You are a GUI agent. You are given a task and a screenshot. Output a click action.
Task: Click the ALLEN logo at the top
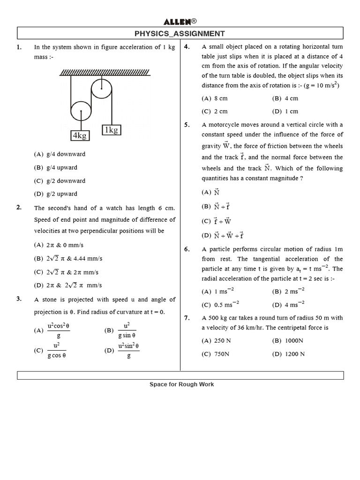coord(180,22)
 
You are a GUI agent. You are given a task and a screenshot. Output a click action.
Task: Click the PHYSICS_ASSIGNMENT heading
coord(180,33)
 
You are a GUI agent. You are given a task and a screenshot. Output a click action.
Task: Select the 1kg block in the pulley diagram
coord(112,130)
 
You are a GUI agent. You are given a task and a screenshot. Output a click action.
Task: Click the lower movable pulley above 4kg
coord(81,111)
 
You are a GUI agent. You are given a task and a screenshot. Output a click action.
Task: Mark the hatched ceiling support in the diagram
coord(105,72)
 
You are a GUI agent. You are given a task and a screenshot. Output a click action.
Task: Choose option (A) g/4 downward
coord(60,154)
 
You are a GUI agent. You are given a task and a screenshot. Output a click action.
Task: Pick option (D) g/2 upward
coord(56,194)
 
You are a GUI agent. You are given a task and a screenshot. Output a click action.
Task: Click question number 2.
coord(19,208)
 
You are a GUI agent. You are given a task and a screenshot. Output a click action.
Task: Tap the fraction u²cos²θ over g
coord(59,330)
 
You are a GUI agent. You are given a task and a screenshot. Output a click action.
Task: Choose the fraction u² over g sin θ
coord(127,330)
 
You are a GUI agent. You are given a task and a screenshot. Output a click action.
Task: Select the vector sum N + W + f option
coord(223,235)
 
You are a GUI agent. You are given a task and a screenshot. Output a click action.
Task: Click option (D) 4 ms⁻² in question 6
coord(288,305)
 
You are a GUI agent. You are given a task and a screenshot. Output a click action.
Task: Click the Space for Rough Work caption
coord(181,384)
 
